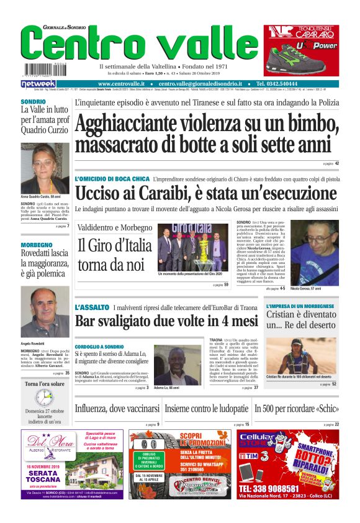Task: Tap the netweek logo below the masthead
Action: click(x=38, y=84)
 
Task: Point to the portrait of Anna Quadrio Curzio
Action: click(x=45, y=168)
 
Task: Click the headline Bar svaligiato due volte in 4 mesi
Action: click(x=166, y=321)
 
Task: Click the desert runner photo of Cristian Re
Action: click(x=302, y=357)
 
